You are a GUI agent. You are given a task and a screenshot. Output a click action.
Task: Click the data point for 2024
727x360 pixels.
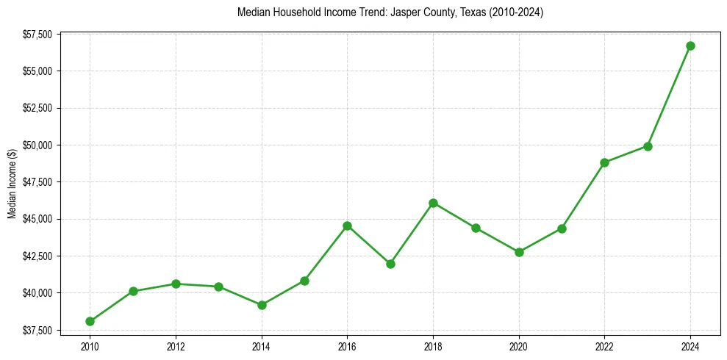click(x=690, y=46)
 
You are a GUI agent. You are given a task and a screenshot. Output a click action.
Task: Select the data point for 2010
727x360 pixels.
click(x=90, y=321)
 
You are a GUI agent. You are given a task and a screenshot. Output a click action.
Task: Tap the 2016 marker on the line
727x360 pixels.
click(x=347, y=226)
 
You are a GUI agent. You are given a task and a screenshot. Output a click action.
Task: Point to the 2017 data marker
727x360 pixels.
click(x=390, y=264)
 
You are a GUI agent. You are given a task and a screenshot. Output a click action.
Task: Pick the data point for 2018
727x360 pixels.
click(x=433, y=203)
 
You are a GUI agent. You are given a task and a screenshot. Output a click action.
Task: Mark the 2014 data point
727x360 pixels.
click(x=262, y=305)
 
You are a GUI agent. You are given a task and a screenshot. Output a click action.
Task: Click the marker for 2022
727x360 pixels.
click(x=604, y=162)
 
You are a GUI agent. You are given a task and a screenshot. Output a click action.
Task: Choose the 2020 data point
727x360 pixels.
click(x=519, y=252)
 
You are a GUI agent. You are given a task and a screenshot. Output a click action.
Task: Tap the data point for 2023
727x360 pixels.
click(x=648, y=146)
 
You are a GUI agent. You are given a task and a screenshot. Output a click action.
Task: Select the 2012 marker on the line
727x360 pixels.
click(x=176, y=284)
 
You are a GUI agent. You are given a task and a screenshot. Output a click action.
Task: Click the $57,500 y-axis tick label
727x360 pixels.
click(x=37, y=35)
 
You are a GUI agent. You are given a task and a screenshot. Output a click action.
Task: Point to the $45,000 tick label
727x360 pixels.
click(x=37, y=219)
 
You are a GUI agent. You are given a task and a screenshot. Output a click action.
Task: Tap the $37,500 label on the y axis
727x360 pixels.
click(x=37, y=330)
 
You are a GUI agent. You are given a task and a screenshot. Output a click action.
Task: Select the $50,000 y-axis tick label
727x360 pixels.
click(x=37, y=145)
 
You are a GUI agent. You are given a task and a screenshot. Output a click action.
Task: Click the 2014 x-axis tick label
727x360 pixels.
click(x=262, y=346)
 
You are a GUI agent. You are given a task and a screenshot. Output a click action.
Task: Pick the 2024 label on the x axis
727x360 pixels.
click(x=690, y=346)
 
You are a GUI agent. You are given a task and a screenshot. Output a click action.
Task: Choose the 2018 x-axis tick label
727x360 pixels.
click(x=433, y=346)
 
